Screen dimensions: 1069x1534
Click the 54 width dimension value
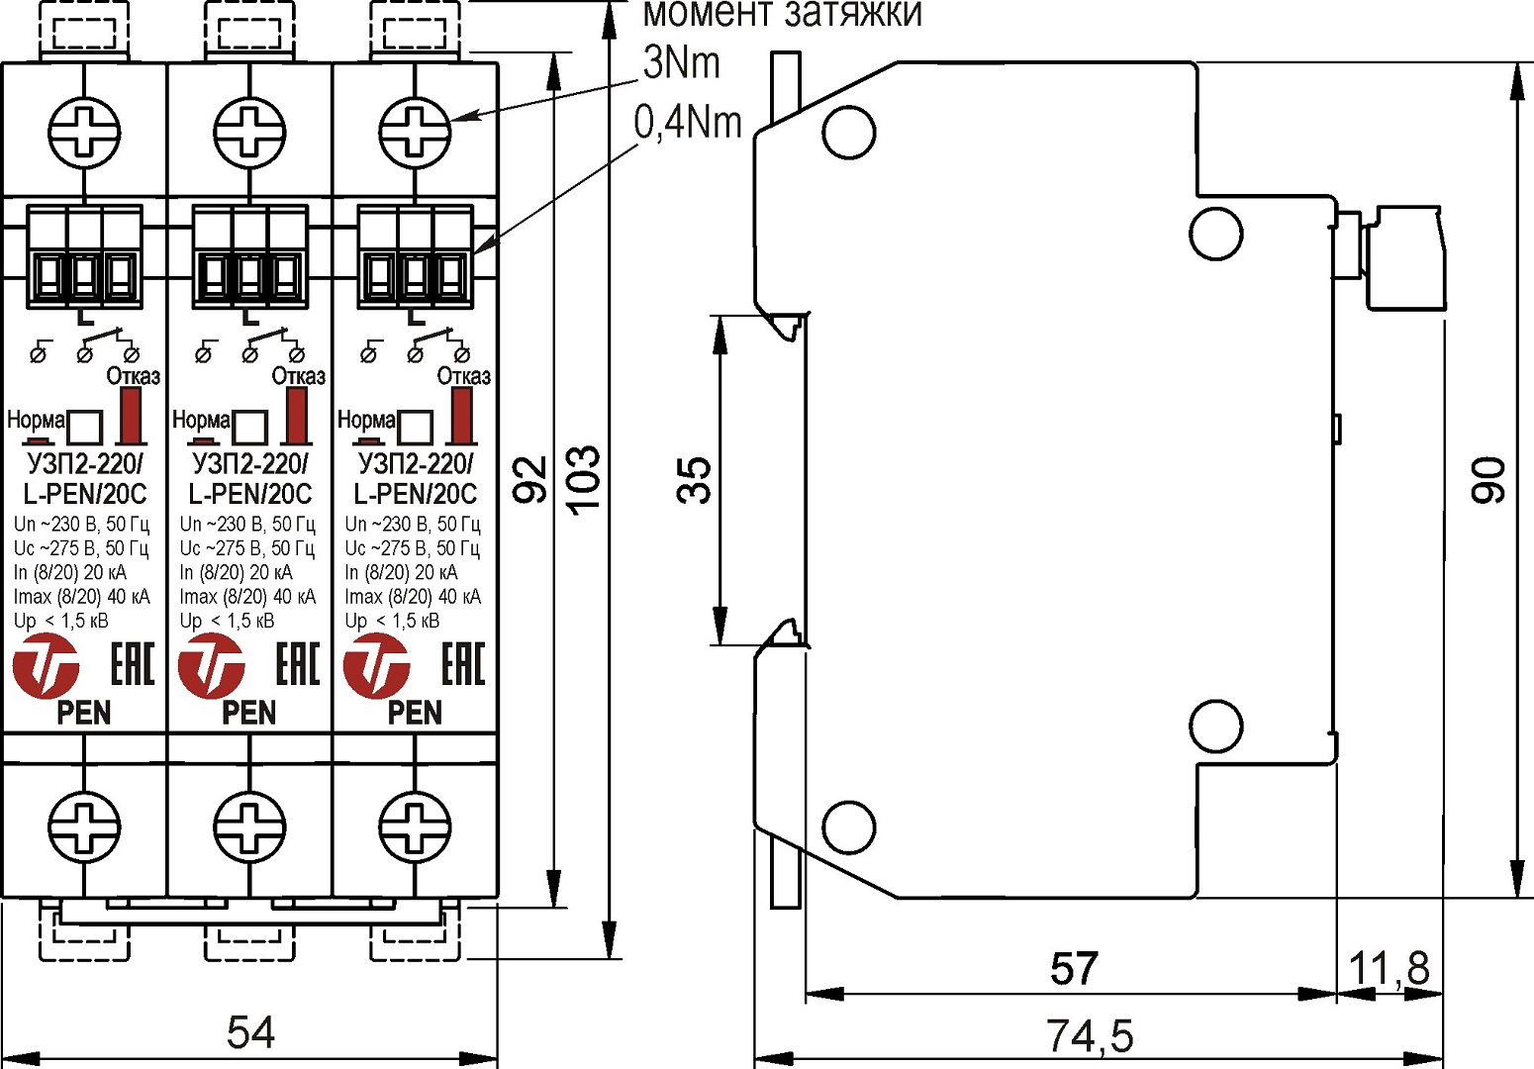[250, 1032]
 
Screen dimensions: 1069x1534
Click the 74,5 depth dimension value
[1089, 1036]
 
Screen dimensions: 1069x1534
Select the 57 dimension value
[1074, 969]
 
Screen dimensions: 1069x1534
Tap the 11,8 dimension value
[1390, 969]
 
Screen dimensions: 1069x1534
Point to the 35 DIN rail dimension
[696, 480]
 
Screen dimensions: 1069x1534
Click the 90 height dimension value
[1489, 480]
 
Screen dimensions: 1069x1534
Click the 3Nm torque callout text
[681, 64]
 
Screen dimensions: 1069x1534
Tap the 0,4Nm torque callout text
[688, 123]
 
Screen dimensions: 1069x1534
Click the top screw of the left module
[84, 132]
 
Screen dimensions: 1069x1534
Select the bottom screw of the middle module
[250, 825]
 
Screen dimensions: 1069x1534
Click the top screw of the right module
[416, 132]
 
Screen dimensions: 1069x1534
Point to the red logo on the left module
[46, 666]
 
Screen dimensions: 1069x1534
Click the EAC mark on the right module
[462, 664]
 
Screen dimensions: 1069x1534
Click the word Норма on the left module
[36, 420]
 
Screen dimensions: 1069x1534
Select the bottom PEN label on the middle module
[249, 713]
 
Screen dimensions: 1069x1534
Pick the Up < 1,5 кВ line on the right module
[393, 622]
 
